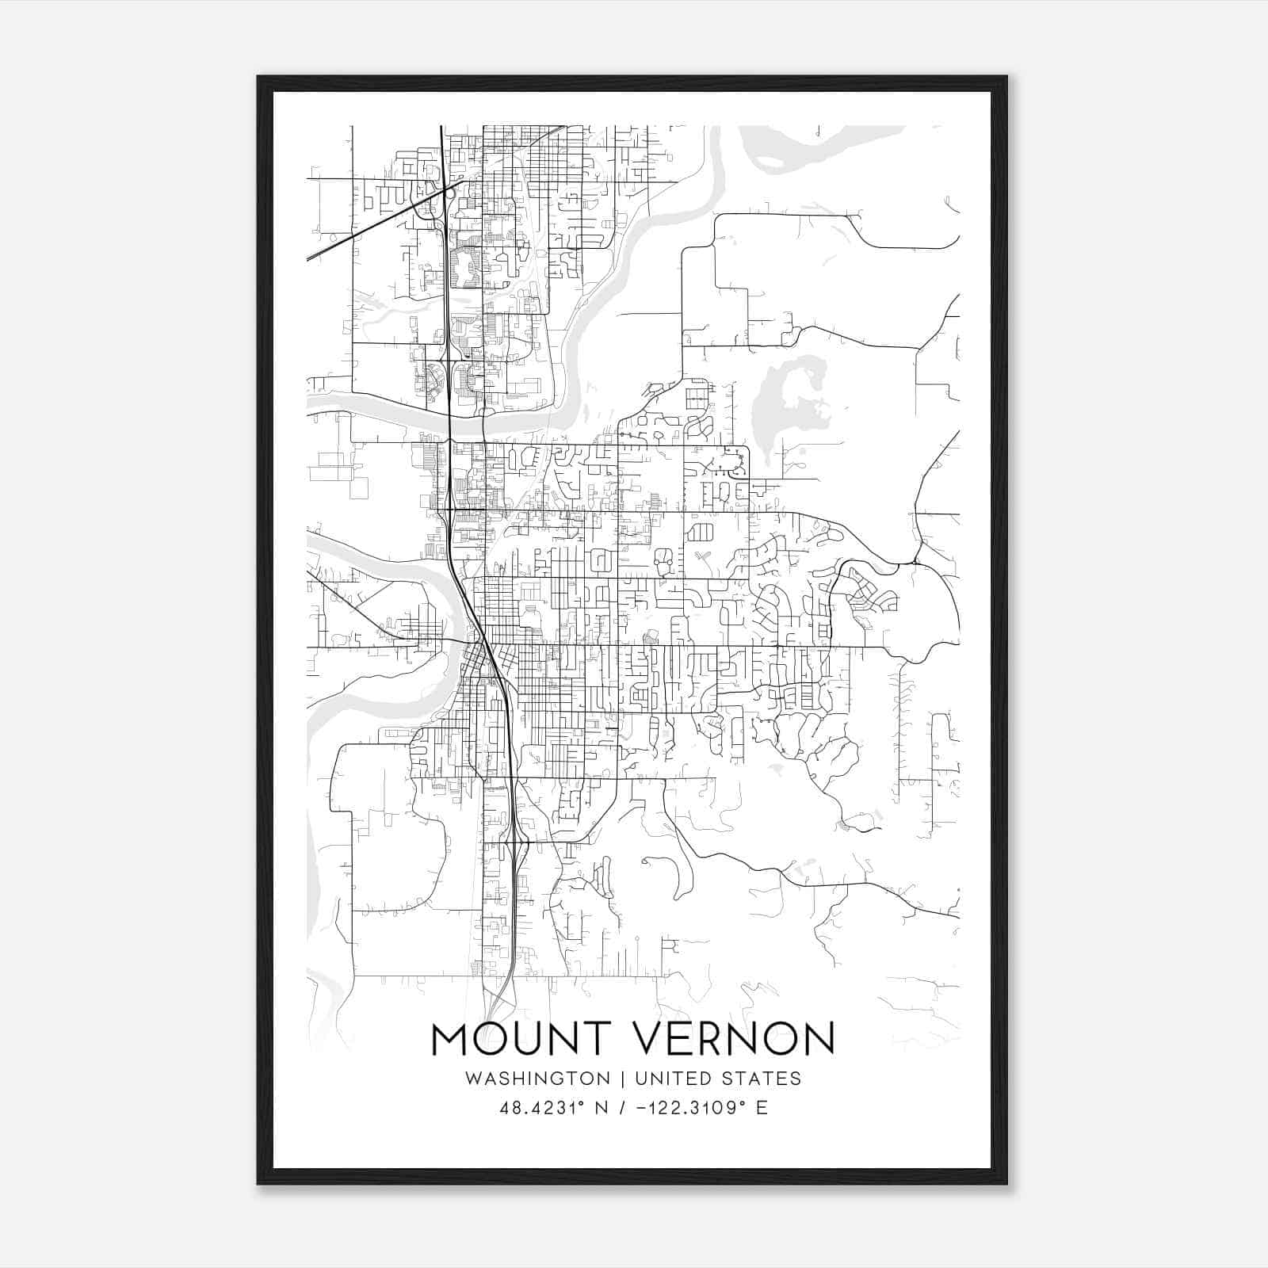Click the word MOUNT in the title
510,1039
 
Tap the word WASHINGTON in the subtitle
537,1079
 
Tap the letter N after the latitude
602,1108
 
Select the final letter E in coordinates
762,1108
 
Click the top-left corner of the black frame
258,78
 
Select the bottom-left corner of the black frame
258,1182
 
